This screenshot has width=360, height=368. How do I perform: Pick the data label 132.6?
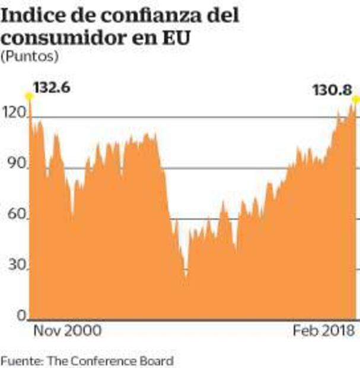tap(52, 88)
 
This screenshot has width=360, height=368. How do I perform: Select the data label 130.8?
tap(332, 90)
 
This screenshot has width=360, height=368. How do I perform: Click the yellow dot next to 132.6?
tap(28, 96)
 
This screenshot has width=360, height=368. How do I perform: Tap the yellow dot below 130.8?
tap(356, 99)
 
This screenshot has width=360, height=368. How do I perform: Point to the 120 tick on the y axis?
tap(12, 111)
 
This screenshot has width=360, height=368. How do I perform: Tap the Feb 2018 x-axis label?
tap(323, 331)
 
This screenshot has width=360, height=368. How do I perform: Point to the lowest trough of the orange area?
tap(186, 277)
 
